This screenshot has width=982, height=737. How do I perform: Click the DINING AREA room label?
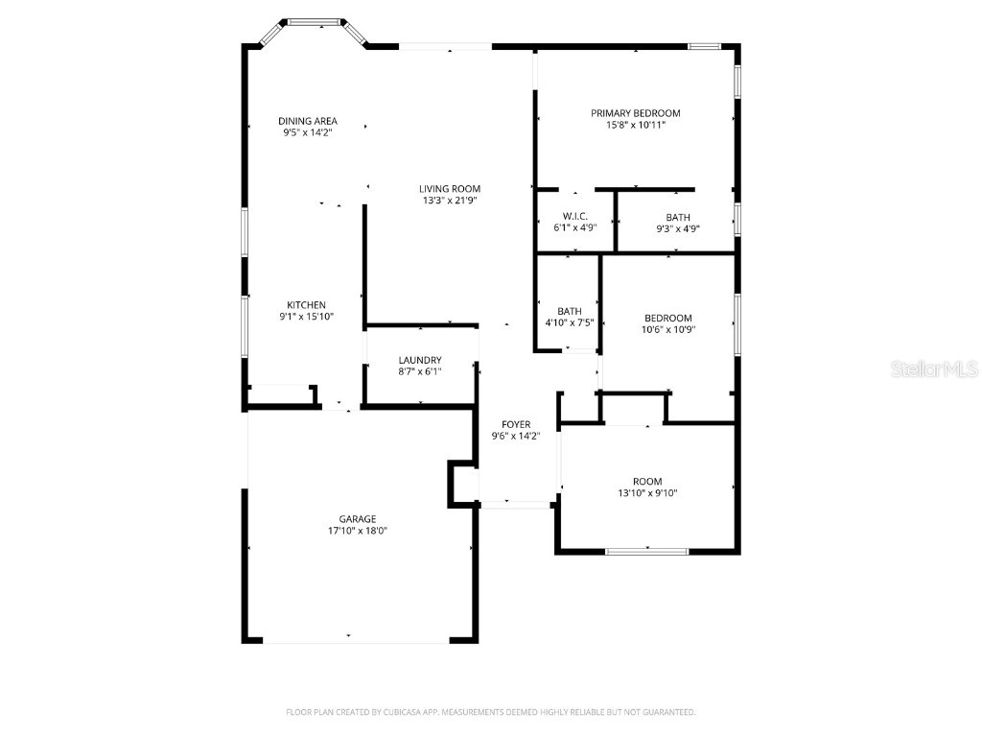point(308,121)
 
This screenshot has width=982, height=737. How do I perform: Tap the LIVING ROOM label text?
point(450,189)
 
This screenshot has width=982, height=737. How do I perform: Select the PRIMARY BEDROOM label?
point(636,113)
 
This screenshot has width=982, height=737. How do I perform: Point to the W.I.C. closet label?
point(575,217)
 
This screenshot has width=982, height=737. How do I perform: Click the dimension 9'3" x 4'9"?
point(678,229)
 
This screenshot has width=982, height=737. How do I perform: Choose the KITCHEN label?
point(306,305)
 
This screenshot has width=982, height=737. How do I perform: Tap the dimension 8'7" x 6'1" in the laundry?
point(420,371)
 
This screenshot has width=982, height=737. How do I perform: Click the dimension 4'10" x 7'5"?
point(570,322)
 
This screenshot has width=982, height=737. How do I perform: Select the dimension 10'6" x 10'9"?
point(668,329)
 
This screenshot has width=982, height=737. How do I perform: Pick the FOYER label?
point(516,424)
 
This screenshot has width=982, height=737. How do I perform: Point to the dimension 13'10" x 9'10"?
point(647,493)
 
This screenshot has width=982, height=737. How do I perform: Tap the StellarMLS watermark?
point(934,368)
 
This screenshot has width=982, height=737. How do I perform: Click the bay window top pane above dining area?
point(316,19)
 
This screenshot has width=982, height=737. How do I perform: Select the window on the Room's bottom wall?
point(646,551)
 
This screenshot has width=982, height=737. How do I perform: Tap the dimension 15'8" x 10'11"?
point(636,125)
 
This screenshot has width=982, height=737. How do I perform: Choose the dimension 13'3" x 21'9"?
point(450,201)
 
